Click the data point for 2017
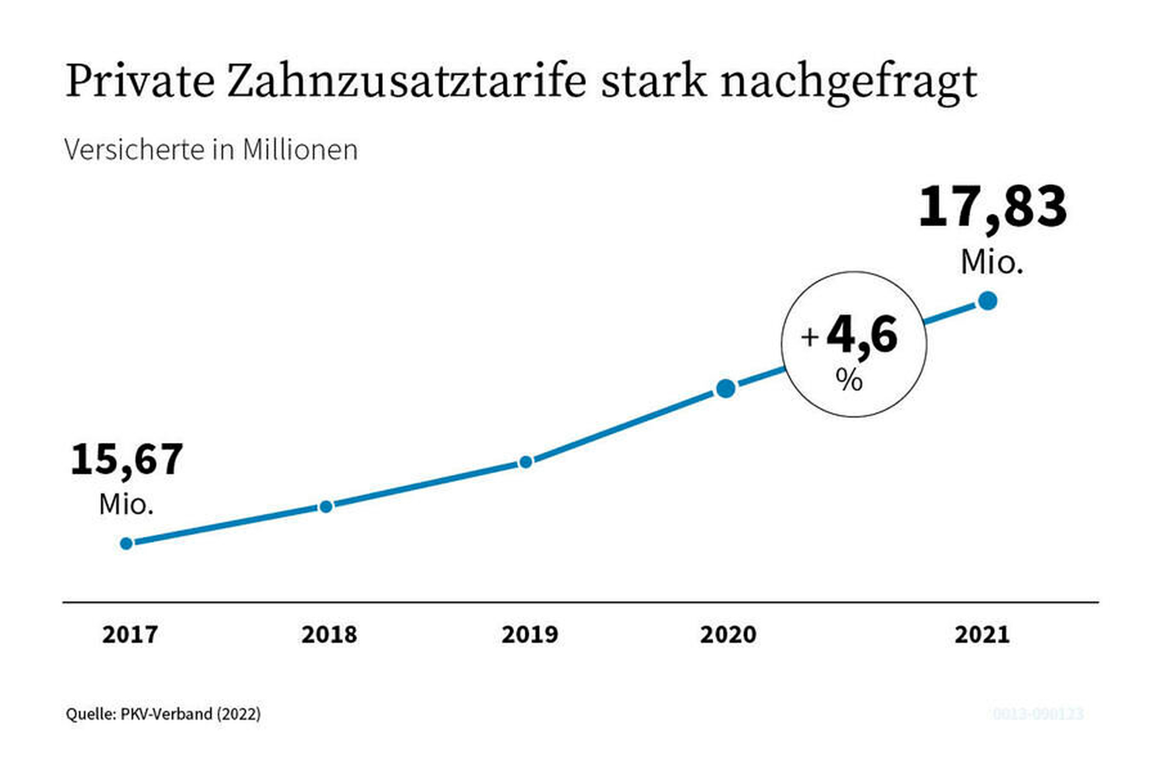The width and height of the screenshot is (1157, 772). (127, 544)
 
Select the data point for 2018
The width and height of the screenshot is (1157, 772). (326, 506)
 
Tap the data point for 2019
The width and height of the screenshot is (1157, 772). (526, 462)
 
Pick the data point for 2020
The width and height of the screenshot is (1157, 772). (725, 388)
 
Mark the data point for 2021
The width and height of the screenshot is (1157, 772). (988, 300)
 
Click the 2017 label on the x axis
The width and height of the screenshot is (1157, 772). (130, 635)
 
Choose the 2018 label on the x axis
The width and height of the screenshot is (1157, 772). (329, 635)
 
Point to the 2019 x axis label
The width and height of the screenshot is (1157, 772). (529, 635)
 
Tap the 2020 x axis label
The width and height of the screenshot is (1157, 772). (728, 635)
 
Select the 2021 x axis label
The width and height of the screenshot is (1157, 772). (982, 635)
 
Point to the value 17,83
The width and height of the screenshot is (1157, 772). (993, 207)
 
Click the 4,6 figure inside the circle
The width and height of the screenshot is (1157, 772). (862, 335)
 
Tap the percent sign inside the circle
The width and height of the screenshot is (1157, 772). (849, 380)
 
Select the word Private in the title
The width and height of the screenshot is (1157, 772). (140, 80)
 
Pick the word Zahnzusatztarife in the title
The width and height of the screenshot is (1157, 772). (406, 80)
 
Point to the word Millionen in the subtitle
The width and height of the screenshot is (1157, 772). (300, 150)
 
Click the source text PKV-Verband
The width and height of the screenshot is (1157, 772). (166, 714)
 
